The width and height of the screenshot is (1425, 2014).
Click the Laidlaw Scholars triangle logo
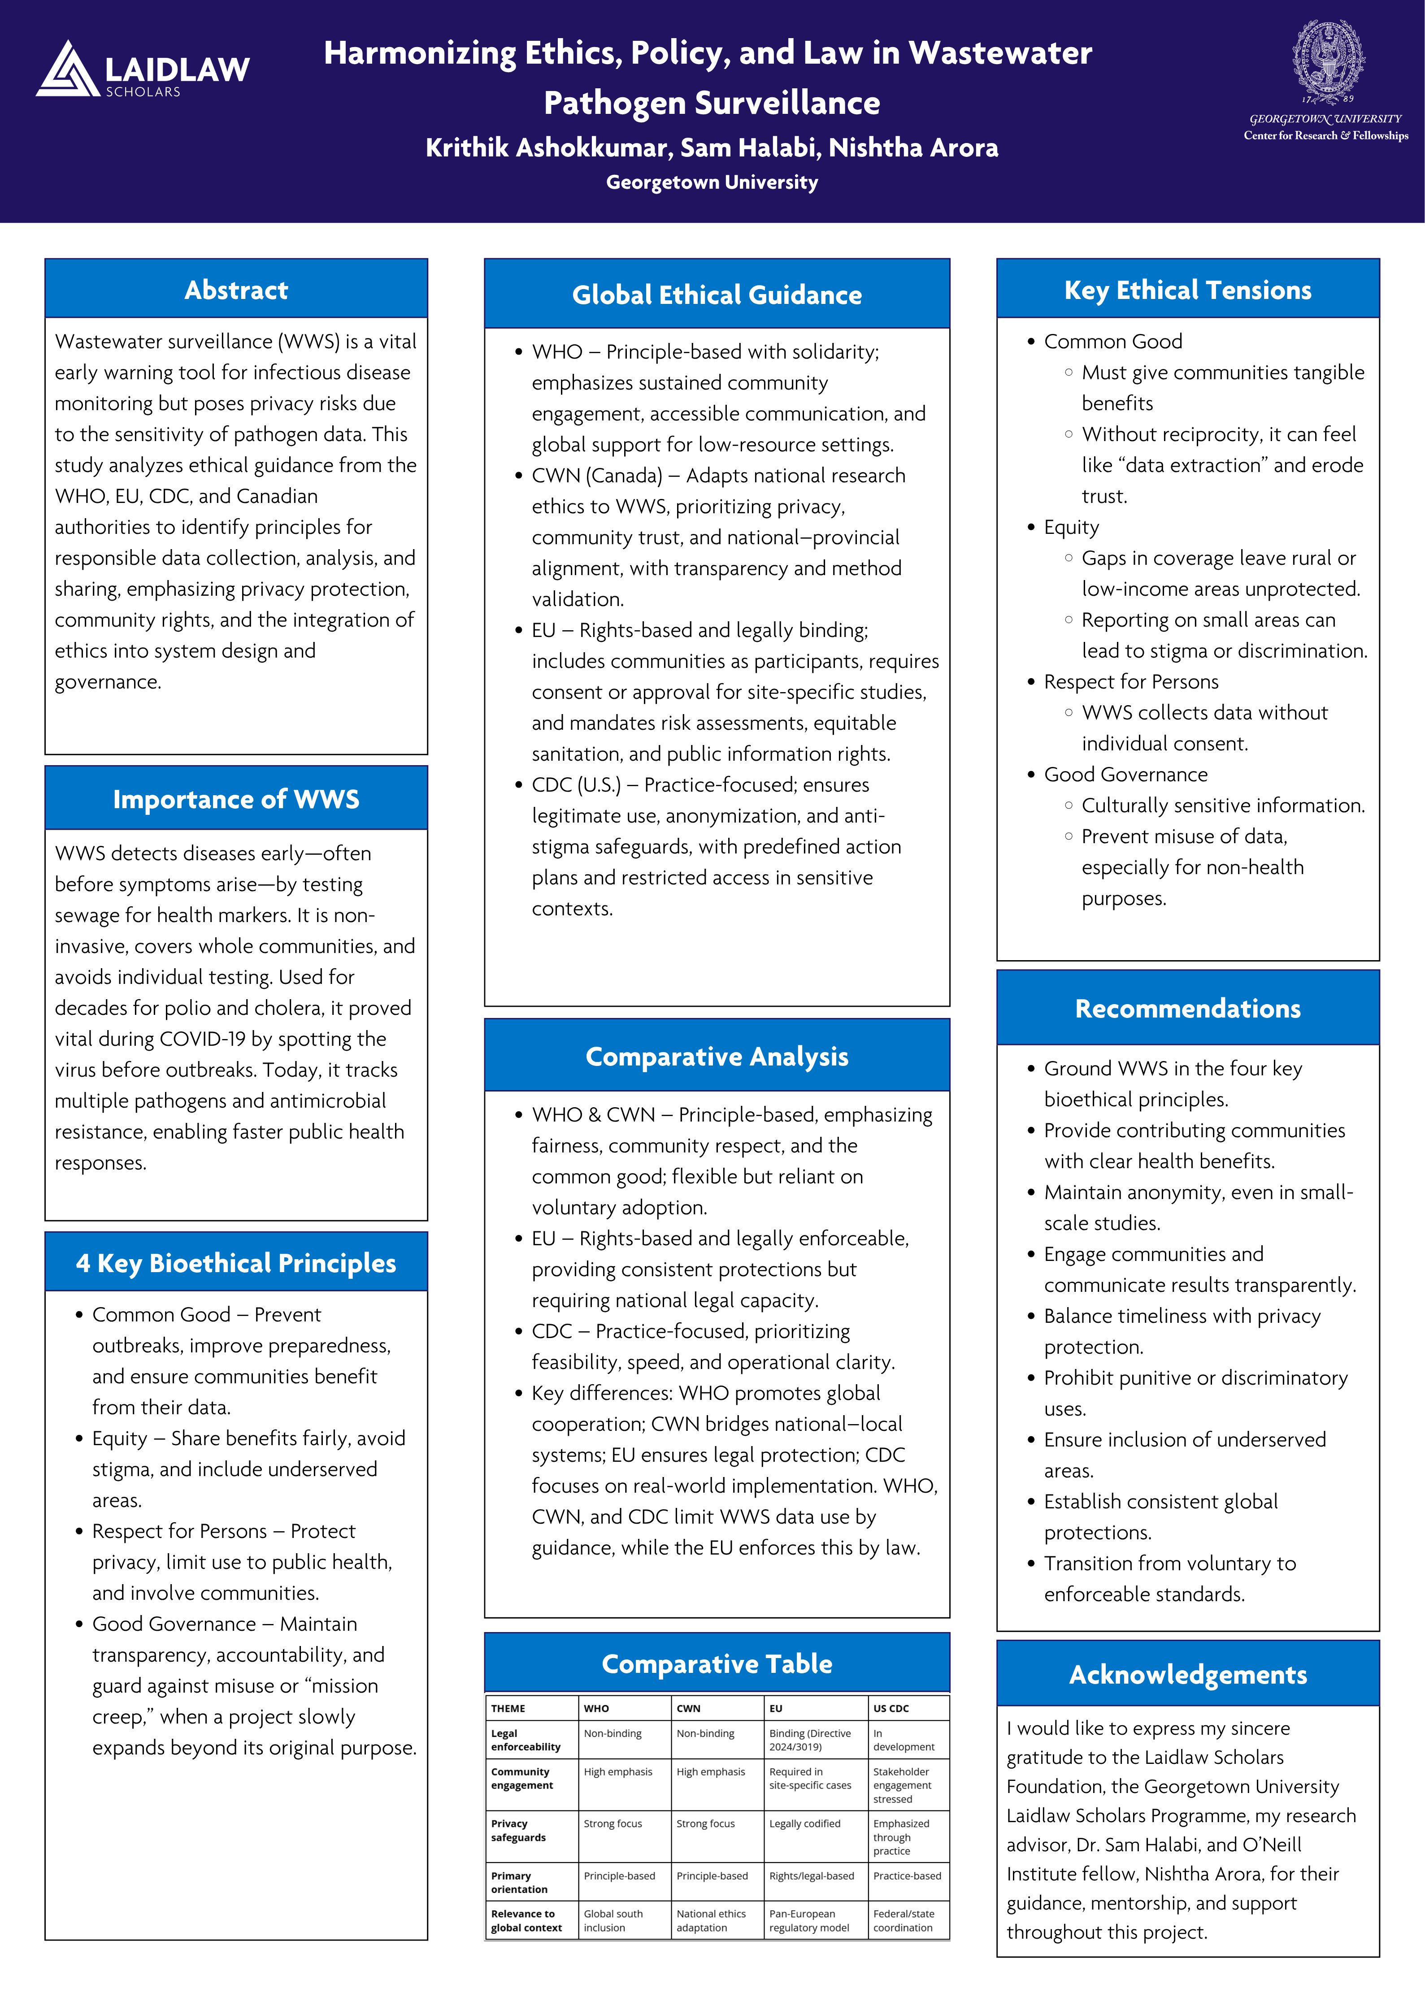click(x=68, y=69)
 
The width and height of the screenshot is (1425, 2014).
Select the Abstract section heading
click(x=236, y=290)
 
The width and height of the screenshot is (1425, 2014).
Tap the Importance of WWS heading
click(x=236, y=799)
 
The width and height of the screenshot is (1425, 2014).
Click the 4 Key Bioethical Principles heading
click(x=236, y=1263)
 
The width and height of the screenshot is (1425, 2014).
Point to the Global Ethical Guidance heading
click(x=717, y=295)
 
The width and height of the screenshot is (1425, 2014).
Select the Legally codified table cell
click(x=804, y=1823)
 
